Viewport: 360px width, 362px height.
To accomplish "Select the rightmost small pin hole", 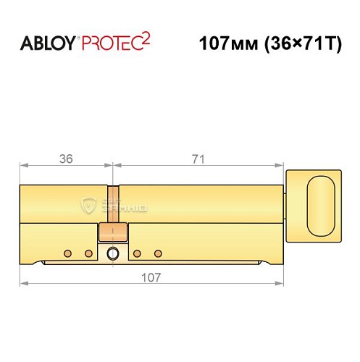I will coord(159,253).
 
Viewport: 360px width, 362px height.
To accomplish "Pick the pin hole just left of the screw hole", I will coord(90,253).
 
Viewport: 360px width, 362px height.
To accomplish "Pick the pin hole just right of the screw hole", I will coord(136,253).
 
